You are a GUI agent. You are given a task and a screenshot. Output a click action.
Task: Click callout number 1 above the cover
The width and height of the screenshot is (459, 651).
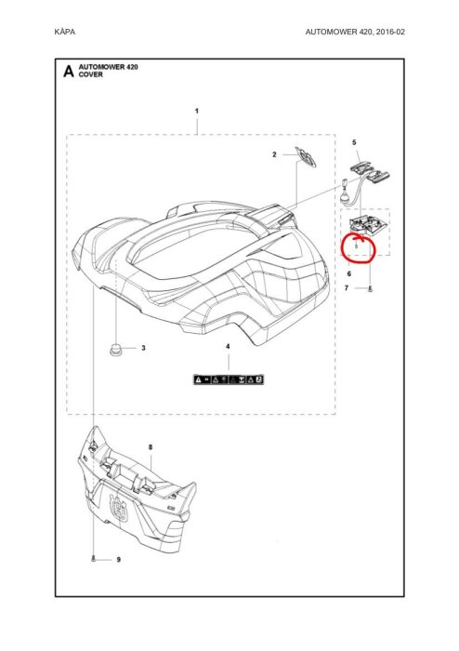coord(197,111)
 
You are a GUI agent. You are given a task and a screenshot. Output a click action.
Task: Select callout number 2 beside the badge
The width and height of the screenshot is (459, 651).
coord(274,154)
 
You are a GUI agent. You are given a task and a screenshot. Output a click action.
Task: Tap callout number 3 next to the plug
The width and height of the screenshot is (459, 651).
coord(143,348)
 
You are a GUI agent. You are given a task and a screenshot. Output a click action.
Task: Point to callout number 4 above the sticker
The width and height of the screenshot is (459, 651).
coord(228,346)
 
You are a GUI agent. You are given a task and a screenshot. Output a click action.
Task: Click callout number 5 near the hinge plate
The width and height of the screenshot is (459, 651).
coord(354,142)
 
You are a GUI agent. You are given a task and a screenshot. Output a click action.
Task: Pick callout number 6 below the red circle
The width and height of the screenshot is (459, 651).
coord(349,273)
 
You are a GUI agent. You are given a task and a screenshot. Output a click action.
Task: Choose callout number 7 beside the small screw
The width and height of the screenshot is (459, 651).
coord(347,287)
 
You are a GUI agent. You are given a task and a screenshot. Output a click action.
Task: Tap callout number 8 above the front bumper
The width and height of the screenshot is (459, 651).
coord(151,447)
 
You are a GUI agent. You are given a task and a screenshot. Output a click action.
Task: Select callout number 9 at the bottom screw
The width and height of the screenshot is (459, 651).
coord(119,560)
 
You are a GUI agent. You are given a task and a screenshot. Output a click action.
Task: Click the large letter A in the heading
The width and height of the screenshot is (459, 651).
coord(69,71)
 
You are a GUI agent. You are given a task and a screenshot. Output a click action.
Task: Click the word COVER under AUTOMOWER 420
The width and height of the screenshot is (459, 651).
coord(90,74)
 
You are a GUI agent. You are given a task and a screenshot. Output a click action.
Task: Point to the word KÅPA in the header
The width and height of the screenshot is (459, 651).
coord(65,32)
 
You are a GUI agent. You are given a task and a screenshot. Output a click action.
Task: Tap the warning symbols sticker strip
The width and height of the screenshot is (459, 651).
coord(229,379)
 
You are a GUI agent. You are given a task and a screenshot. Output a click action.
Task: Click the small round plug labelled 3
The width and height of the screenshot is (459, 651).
coord(115,349)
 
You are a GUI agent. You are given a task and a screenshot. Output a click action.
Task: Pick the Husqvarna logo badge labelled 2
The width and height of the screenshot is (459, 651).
coord(307,156)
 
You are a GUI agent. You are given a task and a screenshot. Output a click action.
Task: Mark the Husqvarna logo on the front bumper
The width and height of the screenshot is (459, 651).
coord(120,507)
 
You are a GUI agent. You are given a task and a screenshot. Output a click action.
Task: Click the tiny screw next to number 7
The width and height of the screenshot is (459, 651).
coord(371,289)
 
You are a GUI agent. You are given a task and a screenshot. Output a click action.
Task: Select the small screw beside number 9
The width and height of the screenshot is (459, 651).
coord(94,559)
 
